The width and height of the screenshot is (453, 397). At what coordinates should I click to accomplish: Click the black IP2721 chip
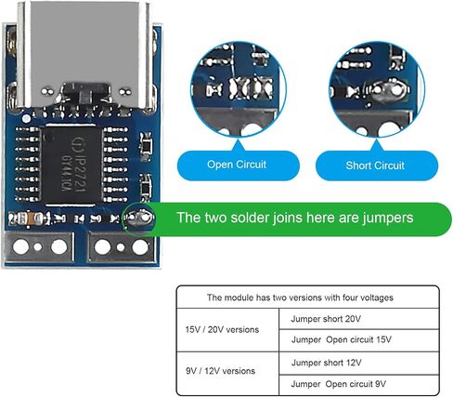coord(71,165)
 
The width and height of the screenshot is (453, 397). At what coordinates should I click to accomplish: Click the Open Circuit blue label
coord(238,165)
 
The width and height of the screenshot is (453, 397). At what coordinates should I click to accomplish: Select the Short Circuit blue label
coord(376,165)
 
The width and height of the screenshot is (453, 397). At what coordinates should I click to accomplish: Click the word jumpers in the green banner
coord(388,218)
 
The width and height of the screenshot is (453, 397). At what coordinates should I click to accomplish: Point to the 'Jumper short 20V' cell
coord(359,319)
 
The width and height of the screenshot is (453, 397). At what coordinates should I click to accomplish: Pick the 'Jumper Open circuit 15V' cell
coord(359,340)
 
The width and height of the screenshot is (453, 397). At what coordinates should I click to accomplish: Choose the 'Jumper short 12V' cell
coord(359,363)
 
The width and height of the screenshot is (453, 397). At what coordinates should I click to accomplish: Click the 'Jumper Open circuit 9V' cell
coord(359,385)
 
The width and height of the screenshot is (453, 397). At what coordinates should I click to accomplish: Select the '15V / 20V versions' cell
coord(227,330)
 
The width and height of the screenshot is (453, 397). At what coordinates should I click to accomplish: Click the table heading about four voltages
coord(300,298)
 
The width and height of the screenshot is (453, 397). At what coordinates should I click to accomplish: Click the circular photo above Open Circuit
coord(239,89)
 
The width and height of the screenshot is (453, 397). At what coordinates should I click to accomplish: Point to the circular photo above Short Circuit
coord(377,89)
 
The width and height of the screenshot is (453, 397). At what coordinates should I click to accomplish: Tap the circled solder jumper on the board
coord(139,218)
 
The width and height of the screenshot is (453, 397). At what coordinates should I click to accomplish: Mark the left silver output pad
coord(39,247)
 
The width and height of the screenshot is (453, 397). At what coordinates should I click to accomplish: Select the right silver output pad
coord(122,247)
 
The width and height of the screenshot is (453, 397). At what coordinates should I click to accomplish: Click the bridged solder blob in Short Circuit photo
coord(387,91)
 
